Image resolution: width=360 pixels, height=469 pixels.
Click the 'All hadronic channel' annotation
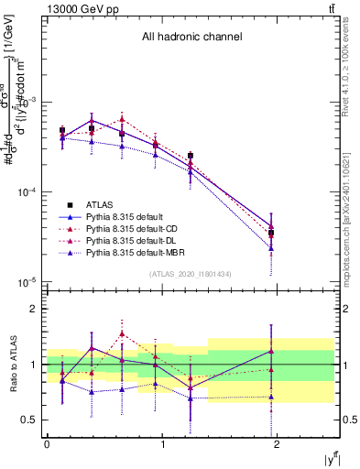[x=191, y=38]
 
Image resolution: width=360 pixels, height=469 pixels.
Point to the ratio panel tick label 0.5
[x=31, y=420]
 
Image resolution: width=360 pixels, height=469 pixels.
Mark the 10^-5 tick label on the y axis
[x=26, y=281]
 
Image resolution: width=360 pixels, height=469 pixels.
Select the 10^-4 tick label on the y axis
[x=26, y=192]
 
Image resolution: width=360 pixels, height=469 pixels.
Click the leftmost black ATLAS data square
[x=62, y=130]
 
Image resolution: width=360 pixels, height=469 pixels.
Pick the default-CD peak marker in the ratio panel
[x=122, y=333]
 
